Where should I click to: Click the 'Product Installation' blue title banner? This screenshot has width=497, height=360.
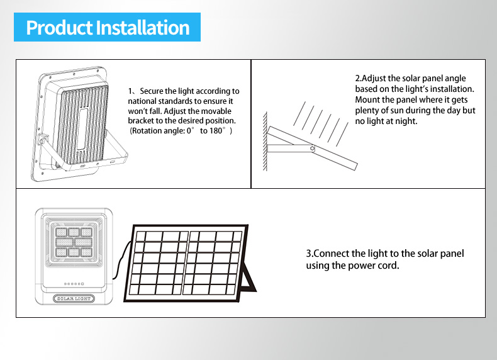(107, 27)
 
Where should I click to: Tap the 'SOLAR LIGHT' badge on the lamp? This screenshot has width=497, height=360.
(74, 298)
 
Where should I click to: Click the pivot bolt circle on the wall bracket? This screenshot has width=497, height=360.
(313, 149)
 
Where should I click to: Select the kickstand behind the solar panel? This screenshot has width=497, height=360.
(249, 276)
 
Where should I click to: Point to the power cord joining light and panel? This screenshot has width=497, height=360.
(120, 261)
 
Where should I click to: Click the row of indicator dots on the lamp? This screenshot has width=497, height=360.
(74, 284)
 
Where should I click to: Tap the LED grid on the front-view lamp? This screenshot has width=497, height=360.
(74, 242)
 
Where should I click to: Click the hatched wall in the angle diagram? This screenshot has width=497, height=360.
(265, 141)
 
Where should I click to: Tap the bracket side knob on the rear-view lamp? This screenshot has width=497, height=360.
(43, 139)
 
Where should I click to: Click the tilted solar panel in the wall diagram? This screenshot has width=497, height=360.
(312, 148)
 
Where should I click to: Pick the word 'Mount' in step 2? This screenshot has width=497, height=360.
(365, 99)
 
